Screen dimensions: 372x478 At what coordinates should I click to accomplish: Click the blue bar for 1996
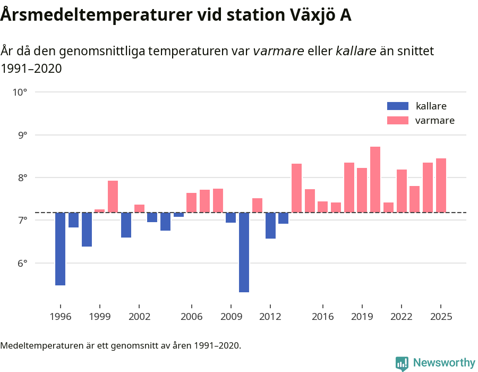click(61, 249)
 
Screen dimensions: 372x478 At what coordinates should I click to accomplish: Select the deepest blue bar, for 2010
click(244, 252)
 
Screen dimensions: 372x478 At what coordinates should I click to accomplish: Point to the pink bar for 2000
click(113, 197)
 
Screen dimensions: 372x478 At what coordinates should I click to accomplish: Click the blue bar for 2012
click(270, 225)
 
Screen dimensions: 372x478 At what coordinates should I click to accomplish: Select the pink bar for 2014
click(296, 188)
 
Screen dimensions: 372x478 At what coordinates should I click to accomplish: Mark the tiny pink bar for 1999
click(100, 211)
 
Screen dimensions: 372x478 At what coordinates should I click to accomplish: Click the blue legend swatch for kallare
click(397, 106)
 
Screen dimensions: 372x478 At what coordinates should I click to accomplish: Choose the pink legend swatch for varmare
click(397, 121)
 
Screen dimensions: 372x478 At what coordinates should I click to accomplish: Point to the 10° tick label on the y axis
click(20, 92)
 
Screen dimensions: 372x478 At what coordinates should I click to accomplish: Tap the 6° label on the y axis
click(20, 263)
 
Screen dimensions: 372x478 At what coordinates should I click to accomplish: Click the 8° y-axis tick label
click(20, 177)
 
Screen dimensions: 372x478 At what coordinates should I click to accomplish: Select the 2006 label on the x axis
click(191, 317)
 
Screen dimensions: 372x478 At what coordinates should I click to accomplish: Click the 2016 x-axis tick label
click(322, 317)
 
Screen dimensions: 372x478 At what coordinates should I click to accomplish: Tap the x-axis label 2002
click(139, 317)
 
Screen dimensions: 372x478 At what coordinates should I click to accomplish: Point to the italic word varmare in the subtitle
click(278, 51)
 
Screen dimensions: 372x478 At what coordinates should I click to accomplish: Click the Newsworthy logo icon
click(402, 363)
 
